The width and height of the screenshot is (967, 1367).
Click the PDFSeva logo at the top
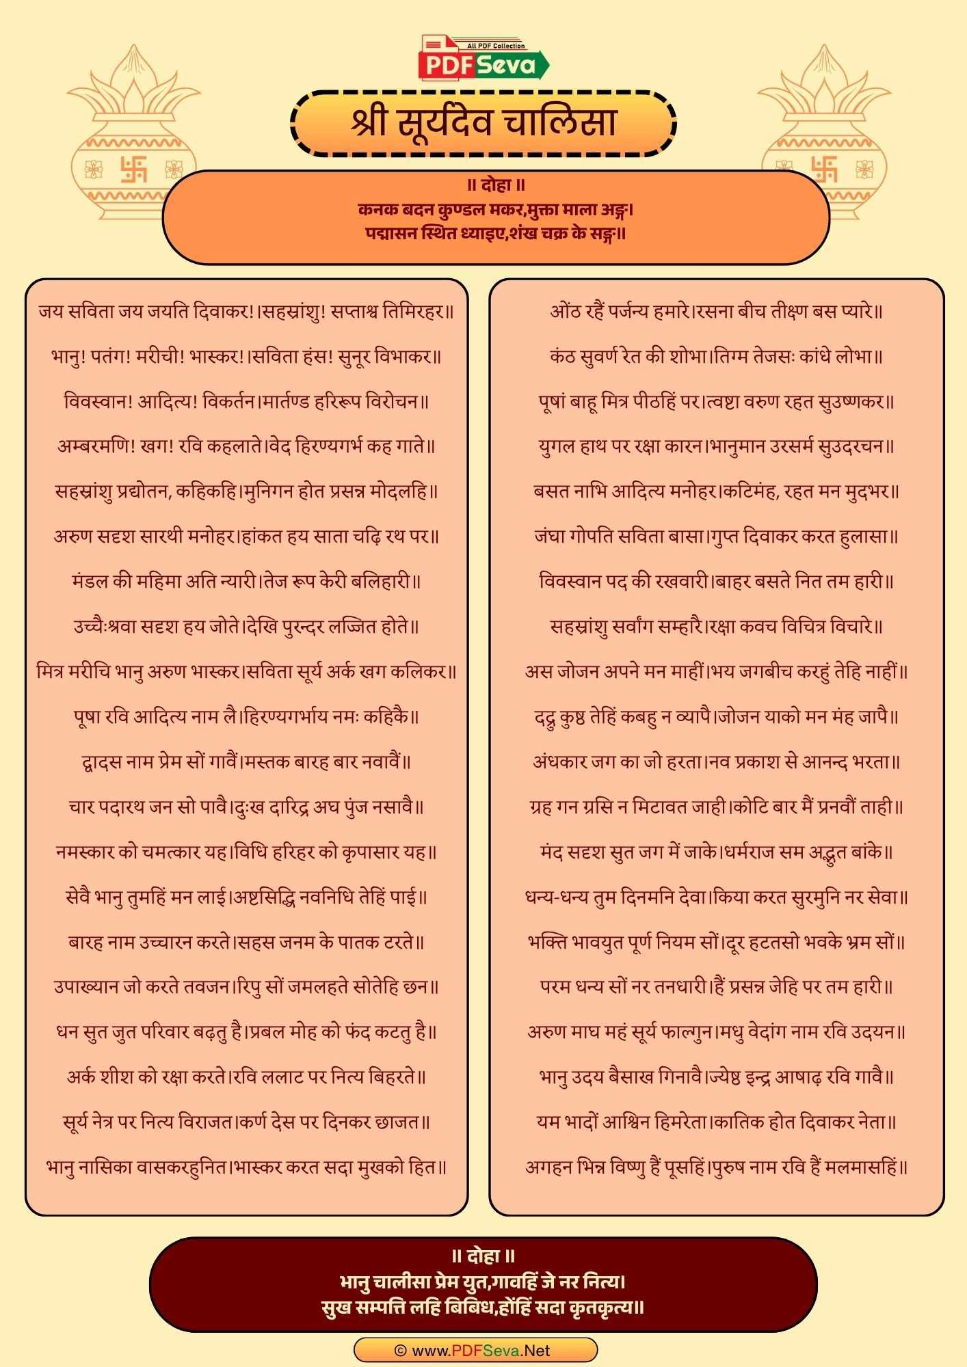[483, 58]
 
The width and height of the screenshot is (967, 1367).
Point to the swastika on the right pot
[825, 169]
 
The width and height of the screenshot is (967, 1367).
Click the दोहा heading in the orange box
[496, 185]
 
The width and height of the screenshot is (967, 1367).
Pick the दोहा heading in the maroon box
[483, 1256]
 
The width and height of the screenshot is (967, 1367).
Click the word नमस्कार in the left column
[85, 852]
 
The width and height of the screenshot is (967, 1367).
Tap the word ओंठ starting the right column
[564, 312]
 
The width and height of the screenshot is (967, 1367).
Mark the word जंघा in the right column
[552, 537]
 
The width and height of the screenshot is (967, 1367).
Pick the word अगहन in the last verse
[548, 1167]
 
